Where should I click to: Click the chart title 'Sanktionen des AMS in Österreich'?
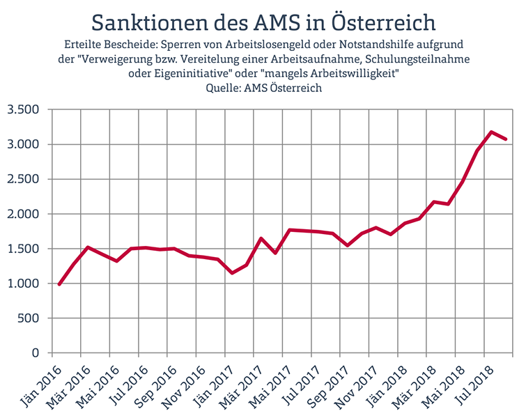[x=263, y=21]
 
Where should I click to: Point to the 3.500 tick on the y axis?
[x=23, y=110]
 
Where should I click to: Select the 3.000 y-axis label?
[x=23, y=145]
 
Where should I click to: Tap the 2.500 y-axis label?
[x=23, y=180]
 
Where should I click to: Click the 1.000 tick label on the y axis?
[x=23, y=284]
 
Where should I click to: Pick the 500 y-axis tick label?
[x=28, y=319]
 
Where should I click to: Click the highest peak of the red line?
[x=492, y=132]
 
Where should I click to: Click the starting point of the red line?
[x=59, y=284]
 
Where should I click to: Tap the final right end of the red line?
[x=506, y=139]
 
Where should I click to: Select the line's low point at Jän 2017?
[x=233, y=272]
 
